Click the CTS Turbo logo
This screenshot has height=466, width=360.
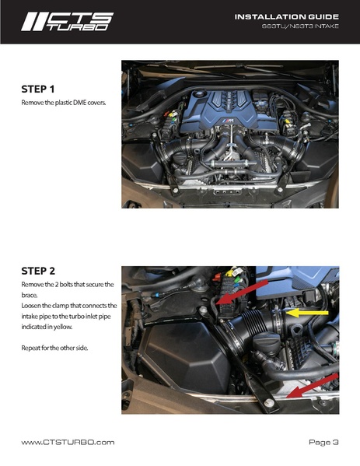pyautogui.click(x=67, y=22)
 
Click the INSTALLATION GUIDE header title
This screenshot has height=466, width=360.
pyautogui.click(x=287, y=17)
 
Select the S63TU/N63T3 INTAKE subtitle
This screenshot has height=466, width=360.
pyautogui.click(x=300, y=26)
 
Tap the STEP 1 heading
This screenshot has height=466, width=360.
pyautogui.click(x=38, y=89)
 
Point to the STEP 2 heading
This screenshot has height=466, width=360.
pyautogui.click(x=38, y=271)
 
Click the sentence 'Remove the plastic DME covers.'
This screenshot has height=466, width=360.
pyautogui.click(x=64, y=103)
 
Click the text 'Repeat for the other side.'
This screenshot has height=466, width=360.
pyautogui.click(x=54, y=348)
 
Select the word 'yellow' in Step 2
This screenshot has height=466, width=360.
pyautogui.click(x=63, y=327)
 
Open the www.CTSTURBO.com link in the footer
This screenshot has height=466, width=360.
pyautogui.click(x=68, y=442)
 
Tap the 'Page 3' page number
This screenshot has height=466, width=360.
pyautogui.click(x=323, y=442)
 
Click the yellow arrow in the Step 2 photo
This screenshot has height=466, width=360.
pyautogui.click(x=307, y=313)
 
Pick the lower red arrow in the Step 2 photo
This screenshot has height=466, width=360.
pyautogui.click(x=312, y=386)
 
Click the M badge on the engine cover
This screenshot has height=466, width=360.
pyautogui.click(x=229, y=121)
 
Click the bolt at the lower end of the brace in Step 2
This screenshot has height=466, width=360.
pyautogui.click(x=270, y=403)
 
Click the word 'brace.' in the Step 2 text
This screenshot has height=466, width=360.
pyautogui.click(x=30, y=295)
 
